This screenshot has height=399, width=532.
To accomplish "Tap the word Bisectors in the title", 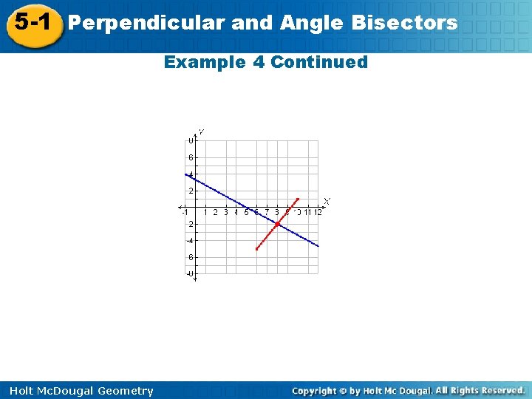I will [404, 23].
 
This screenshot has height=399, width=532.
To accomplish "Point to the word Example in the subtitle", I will [206, 62].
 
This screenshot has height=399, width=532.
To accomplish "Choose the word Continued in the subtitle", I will [319, 62].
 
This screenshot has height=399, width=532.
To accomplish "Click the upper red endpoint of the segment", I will [297, 199].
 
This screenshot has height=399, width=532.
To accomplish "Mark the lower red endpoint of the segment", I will [256, 249].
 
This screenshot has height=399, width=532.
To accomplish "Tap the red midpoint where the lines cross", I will [277, 224].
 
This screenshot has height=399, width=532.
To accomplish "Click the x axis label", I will [327, 201].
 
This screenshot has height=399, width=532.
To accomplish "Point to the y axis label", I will [201, 132].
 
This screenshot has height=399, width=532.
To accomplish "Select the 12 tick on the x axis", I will [318, 213].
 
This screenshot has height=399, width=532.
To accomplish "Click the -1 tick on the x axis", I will [185, 213].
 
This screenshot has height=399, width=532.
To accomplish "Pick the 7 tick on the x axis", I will [267, 213].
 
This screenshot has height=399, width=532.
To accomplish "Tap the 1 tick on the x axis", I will [205, 213].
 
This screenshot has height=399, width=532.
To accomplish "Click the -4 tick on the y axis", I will [190, 240].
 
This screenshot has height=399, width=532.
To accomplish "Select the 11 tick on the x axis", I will [307, 213].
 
